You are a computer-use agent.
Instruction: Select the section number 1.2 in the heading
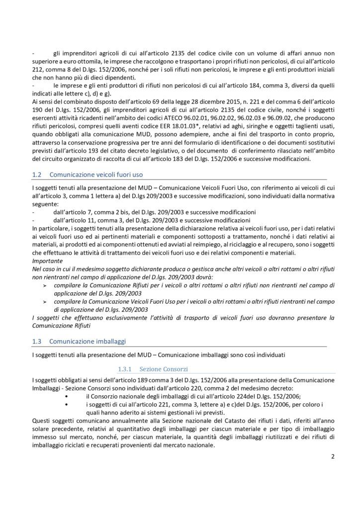36,175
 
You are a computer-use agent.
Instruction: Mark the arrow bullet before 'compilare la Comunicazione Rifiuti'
45,285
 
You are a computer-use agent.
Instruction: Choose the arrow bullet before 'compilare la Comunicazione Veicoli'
45,301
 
